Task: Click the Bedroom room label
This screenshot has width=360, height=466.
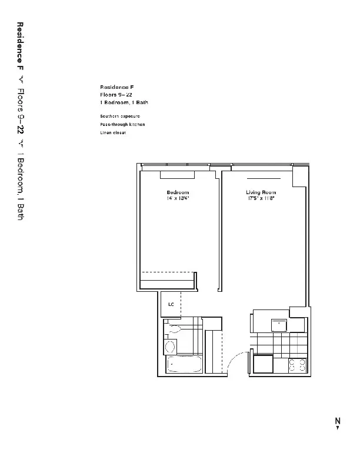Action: click(177, 192)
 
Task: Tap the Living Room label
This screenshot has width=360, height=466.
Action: click(261, 192)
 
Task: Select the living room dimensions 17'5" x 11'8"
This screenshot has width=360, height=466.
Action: click(261, 198)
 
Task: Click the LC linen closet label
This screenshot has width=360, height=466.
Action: click(171, 304)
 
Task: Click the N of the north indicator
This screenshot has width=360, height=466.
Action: click(338, 420)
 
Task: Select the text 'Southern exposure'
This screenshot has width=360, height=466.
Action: click(120, 116)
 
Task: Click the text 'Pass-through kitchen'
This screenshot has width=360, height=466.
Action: click(122, 125)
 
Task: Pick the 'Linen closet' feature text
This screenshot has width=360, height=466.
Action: click(114, 133)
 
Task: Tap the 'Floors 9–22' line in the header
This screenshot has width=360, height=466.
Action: click(116, 94)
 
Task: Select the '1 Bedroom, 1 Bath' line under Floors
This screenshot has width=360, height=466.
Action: click(124, 102)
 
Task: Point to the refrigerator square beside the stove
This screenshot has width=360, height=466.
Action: click(263, 364)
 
